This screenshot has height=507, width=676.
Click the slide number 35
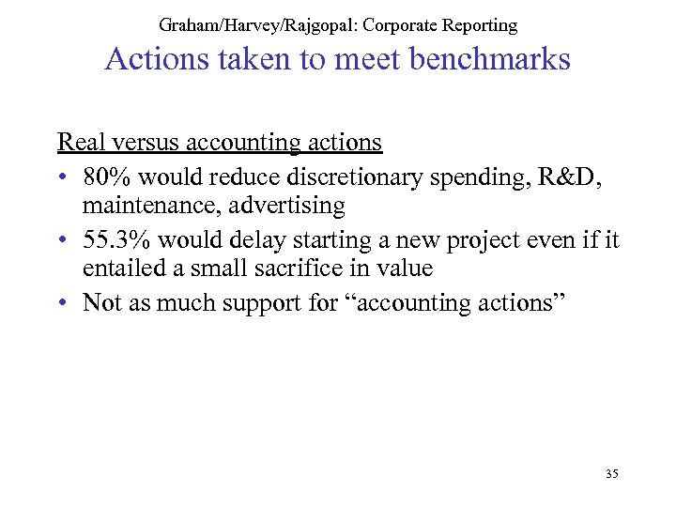(611, 474)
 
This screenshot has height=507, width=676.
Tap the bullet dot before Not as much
(62, 302)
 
